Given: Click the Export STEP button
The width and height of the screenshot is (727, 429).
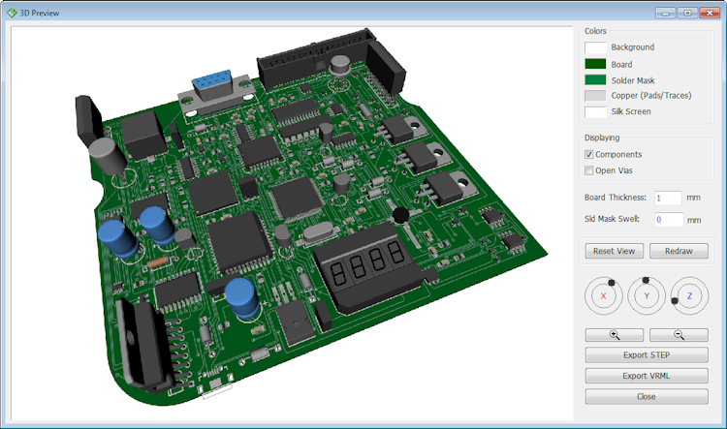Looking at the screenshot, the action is tap(647, 354).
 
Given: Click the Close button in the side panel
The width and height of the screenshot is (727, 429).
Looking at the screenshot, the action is tap(647, 397).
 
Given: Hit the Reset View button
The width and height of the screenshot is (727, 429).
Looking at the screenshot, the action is tap(614, 251).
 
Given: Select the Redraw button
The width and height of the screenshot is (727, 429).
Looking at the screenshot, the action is tap(679, 251).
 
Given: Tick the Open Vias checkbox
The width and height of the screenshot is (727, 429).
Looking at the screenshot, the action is tap(588, 170).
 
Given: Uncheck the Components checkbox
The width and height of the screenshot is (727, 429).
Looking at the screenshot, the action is tap(588, 154).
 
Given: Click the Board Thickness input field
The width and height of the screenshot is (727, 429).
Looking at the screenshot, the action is tap(668, 198).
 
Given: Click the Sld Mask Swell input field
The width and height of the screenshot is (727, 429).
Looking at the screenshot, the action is tap(669, 220).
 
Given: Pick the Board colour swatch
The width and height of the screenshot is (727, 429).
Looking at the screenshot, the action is tap(595, 64).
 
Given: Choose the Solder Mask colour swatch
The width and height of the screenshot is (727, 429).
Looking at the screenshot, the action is tap(595, 79).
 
